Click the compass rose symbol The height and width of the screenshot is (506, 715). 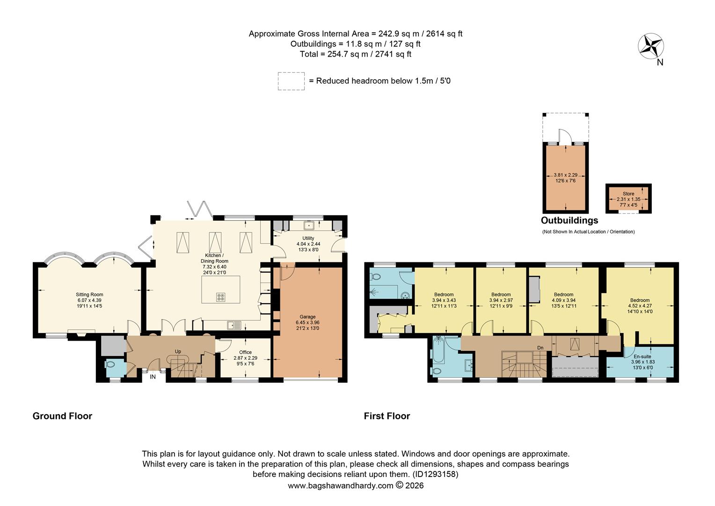point(651,46)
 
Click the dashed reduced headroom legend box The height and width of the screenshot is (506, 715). point(291,81)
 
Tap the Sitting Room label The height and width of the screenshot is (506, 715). point(89,295)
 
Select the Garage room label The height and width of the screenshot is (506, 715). point(307,317)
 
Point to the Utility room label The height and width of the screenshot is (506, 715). point(308,238)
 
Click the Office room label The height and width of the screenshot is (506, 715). point(245,352)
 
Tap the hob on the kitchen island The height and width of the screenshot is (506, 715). point(221,297)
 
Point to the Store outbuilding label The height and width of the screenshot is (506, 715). point(628,193)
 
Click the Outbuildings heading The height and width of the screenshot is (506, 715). point(569,220)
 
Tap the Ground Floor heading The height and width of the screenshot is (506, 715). point(62,416)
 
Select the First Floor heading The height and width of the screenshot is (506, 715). point(387,416)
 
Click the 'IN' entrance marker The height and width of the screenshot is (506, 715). point(153,376)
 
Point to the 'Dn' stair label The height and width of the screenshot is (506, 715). point(540,348)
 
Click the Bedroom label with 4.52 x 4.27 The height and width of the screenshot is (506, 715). point(639,300)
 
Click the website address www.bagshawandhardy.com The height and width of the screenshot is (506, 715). point(340,485)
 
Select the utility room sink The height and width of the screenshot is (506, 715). point(309,226)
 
